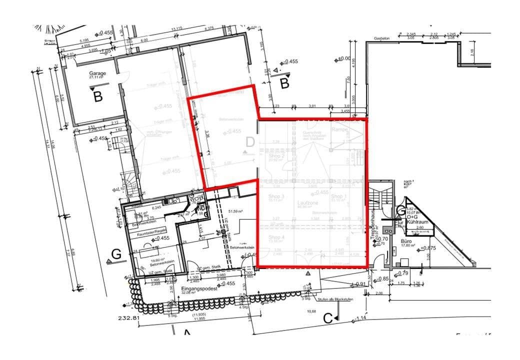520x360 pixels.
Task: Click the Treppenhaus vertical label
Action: coord(373,227)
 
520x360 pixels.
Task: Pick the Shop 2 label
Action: coord(276,156)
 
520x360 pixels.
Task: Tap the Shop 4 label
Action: coord(276,237)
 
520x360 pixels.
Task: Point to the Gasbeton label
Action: coord(381,38)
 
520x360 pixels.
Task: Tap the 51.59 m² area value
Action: coord(234,211)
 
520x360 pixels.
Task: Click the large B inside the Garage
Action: coord(98,96)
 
